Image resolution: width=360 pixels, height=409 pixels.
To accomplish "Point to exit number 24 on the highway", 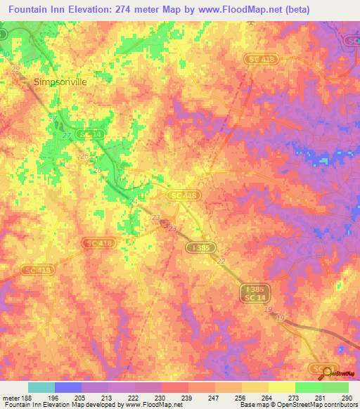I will (x=132, y=202).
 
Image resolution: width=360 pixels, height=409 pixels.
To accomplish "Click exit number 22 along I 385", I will (x=221, y=261).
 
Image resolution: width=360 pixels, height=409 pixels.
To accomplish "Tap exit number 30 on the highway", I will (x=6, y=54).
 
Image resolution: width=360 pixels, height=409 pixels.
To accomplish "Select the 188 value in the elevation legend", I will (x=25, y=397).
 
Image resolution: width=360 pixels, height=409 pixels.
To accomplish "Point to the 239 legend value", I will (x=186, y=397).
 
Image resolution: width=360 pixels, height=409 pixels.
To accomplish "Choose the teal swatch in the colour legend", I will (x=41, y=387).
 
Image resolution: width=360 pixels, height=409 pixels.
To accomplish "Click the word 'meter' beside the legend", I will (x=10, y=397).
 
